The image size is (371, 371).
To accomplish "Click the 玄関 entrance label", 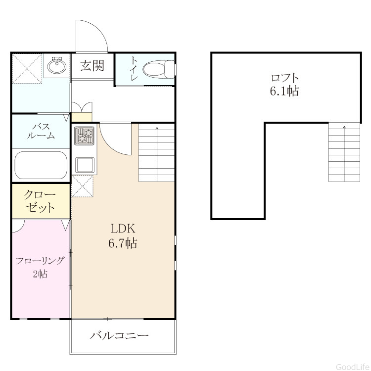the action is [92, 65].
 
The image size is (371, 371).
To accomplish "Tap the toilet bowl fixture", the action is [159, 69].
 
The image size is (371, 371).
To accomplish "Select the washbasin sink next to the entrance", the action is [56, 65].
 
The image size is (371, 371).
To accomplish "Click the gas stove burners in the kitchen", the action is [84, 136].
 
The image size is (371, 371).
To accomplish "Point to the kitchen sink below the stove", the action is [85, 165].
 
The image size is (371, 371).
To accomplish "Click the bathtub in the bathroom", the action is [41, 165].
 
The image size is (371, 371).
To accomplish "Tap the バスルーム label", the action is [41, 131].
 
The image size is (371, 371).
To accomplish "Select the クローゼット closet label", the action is [40, 201].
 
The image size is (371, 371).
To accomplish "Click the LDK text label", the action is [123, 229].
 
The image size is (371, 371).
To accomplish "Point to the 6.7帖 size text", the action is [123, 243].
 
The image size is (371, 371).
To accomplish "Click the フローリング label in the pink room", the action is [40, 261].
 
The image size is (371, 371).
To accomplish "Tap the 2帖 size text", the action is [40, 274].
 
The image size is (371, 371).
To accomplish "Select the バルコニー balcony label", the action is [119, 335].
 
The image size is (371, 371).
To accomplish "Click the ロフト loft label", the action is [284, 78].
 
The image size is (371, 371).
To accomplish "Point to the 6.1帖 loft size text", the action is [284, 91].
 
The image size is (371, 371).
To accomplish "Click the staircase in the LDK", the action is [157, 153].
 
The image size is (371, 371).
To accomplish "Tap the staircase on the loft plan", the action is [344, 152].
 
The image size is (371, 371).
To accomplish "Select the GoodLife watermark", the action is [353, 367].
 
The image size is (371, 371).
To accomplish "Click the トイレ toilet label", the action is [134, 69].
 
